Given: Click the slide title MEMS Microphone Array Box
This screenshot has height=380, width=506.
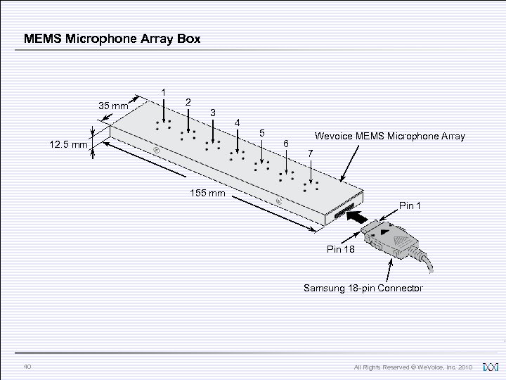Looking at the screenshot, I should point(112,39).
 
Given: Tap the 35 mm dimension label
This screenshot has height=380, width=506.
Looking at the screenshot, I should point(112,106).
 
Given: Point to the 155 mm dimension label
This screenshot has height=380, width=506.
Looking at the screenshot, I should point(206,193).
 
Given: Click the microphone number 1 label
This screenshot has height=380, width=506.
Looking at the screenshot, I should point(164,92).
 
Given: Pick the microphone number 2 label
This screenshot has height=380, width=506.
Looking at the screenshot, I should point(188,103).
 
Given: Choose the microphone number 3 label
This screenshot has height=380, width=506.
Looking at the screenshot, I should point(214,113).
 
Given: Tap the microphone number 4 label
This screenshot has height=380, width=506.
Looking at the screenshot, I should point(238,124).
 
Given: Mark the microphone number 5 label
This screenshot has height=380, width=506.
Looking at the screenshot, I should point(261,133).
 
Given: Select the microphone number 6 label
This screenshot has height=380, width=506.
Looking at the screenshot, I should point(285,144).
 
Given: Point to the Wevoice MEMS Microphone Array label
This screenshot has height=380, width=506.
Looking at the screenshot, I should point(390,136).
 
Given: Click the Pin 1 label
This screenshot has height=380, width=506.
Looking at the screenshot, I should point(410,205).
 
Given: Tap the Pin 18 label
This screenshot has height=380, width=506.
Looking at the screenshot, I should point(342,250).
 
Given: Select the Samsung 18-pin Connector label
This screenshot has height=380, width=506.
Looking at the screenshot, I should point(363,288).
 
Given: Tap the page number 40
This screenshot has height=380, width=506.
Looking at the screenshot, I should point(27,366).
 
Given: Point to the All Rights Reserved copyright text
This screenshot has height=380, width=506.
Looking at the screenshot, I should point(414,367).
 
